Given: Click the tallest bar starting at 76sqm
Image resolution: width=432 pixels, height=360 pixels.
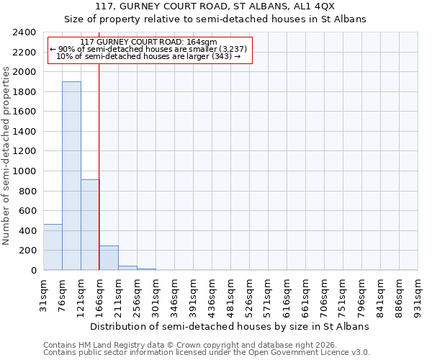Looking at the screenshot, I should click(x=71, y=176).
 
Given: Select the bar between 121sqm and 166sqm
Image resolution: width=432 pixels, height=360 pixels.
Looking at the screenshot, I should click(x=90, y=225).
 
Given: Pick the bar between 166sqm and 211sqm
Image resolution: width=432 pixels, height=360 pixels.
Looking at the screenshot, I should click(x=109, y=258).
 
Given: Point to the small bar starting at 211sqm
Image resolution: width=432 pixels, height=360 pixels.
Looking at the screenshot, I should click(x=127, y=268).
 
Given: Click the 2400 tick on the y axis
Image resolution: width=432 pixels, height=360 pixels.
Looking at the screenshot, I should click(x=25, y=32).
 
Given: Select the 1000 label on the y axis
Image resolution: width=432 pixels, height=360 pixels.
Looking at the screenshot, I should click(x=25, y=171).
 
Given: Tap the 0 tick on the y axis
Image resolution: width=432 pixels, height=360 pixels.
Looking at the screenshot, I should click(x=33, y=271).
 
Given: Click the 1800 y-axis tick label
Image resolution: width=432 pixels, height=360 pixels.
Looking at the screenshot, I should click(x=25, y=92).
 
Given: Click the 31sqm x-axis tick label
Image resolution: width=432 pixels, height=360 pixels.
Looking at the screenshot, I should click(x=43, y=294).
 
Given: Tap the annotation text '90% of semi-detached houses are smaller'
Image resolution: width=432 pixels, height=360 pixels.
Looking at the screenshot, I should click(x=148, y=49).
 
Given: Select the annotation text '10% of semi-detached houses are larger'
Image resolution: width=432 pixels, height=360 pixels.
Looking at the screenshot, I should click(x=148, y=56).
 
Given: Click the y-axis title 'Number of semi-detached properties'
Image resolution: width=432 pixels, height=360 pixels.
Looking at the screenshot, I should click(x=6, y=151).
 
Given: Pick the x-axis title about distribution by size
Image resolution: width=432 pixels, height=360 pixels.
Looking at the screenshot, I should click(x=230, y=326).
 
